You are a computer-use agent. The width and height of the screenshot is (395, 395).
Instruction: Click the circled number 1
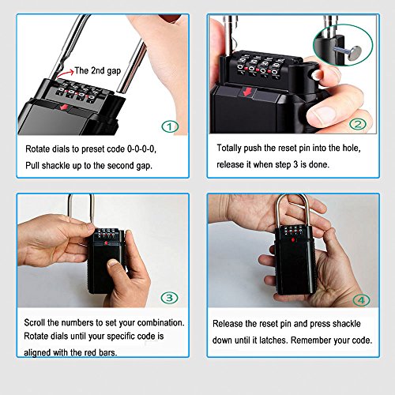pos(170,126)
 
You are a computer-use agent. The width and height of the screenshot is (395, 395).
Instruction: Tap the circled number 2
pos(358,124)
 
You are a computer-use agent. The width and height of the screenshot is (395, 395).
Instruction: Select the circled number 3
pos(169,298)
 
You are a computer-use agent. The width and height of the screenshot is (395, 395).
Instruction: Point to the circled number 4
pos(361,300)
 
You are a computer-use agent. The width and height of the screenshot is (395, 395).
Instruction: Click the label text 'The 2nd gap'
pos(97,70)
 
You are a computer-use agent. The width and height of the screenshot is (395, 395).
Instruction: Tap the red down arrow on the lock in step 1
pos(64,107)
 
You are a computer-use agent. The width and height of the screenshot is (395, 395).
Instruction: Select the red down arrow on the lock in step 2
pos(247,92)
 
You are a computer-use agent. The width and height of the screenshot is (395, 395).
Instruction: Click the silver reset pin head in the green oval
pos(353,52)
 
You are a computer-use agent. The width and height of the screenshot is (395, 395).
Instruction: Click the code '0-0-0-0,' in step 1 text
pos(141,149)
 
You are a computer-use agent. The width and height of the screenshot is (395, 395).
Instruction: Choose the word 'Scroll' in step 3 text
pos(35,322)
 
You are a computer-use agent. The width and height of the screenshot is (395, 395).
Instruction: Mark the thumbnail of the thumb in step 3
pos(114,263)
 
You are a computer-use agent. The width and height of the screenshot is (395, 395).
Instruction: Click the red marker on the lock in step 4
pos(293,240)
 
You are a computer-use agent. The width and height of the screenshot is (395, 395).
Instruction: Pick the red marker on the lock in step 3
pos(106,243)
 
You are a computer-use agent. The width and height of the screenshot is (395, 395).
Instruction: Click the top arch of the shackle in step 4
pos(292,196)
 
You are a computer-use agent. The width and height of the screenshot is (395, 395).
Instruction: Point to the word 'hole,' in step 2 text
pos(352,149)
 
